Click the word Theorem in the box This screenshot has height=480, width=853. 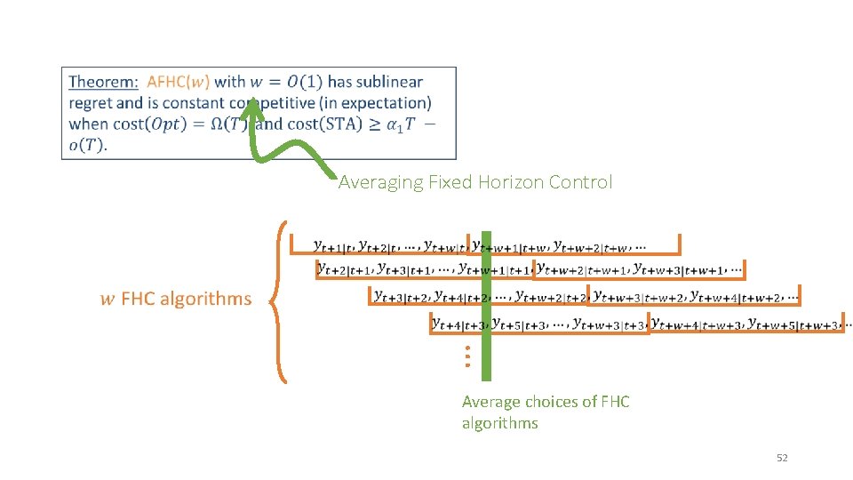tap(102, 82)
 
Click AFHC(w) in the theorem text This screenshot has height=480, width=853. tap(178, 82)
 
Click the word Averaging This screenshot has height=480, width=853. tap(381, 182)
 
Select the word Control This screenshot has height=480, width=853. tap(581, 182)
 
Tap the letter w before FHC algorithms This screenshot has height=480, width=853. tap(107, 300)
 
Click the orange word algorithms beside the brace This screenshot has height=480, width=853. tap(205, 299)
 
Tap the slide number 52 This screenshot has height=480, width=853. tap(782, 458)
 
